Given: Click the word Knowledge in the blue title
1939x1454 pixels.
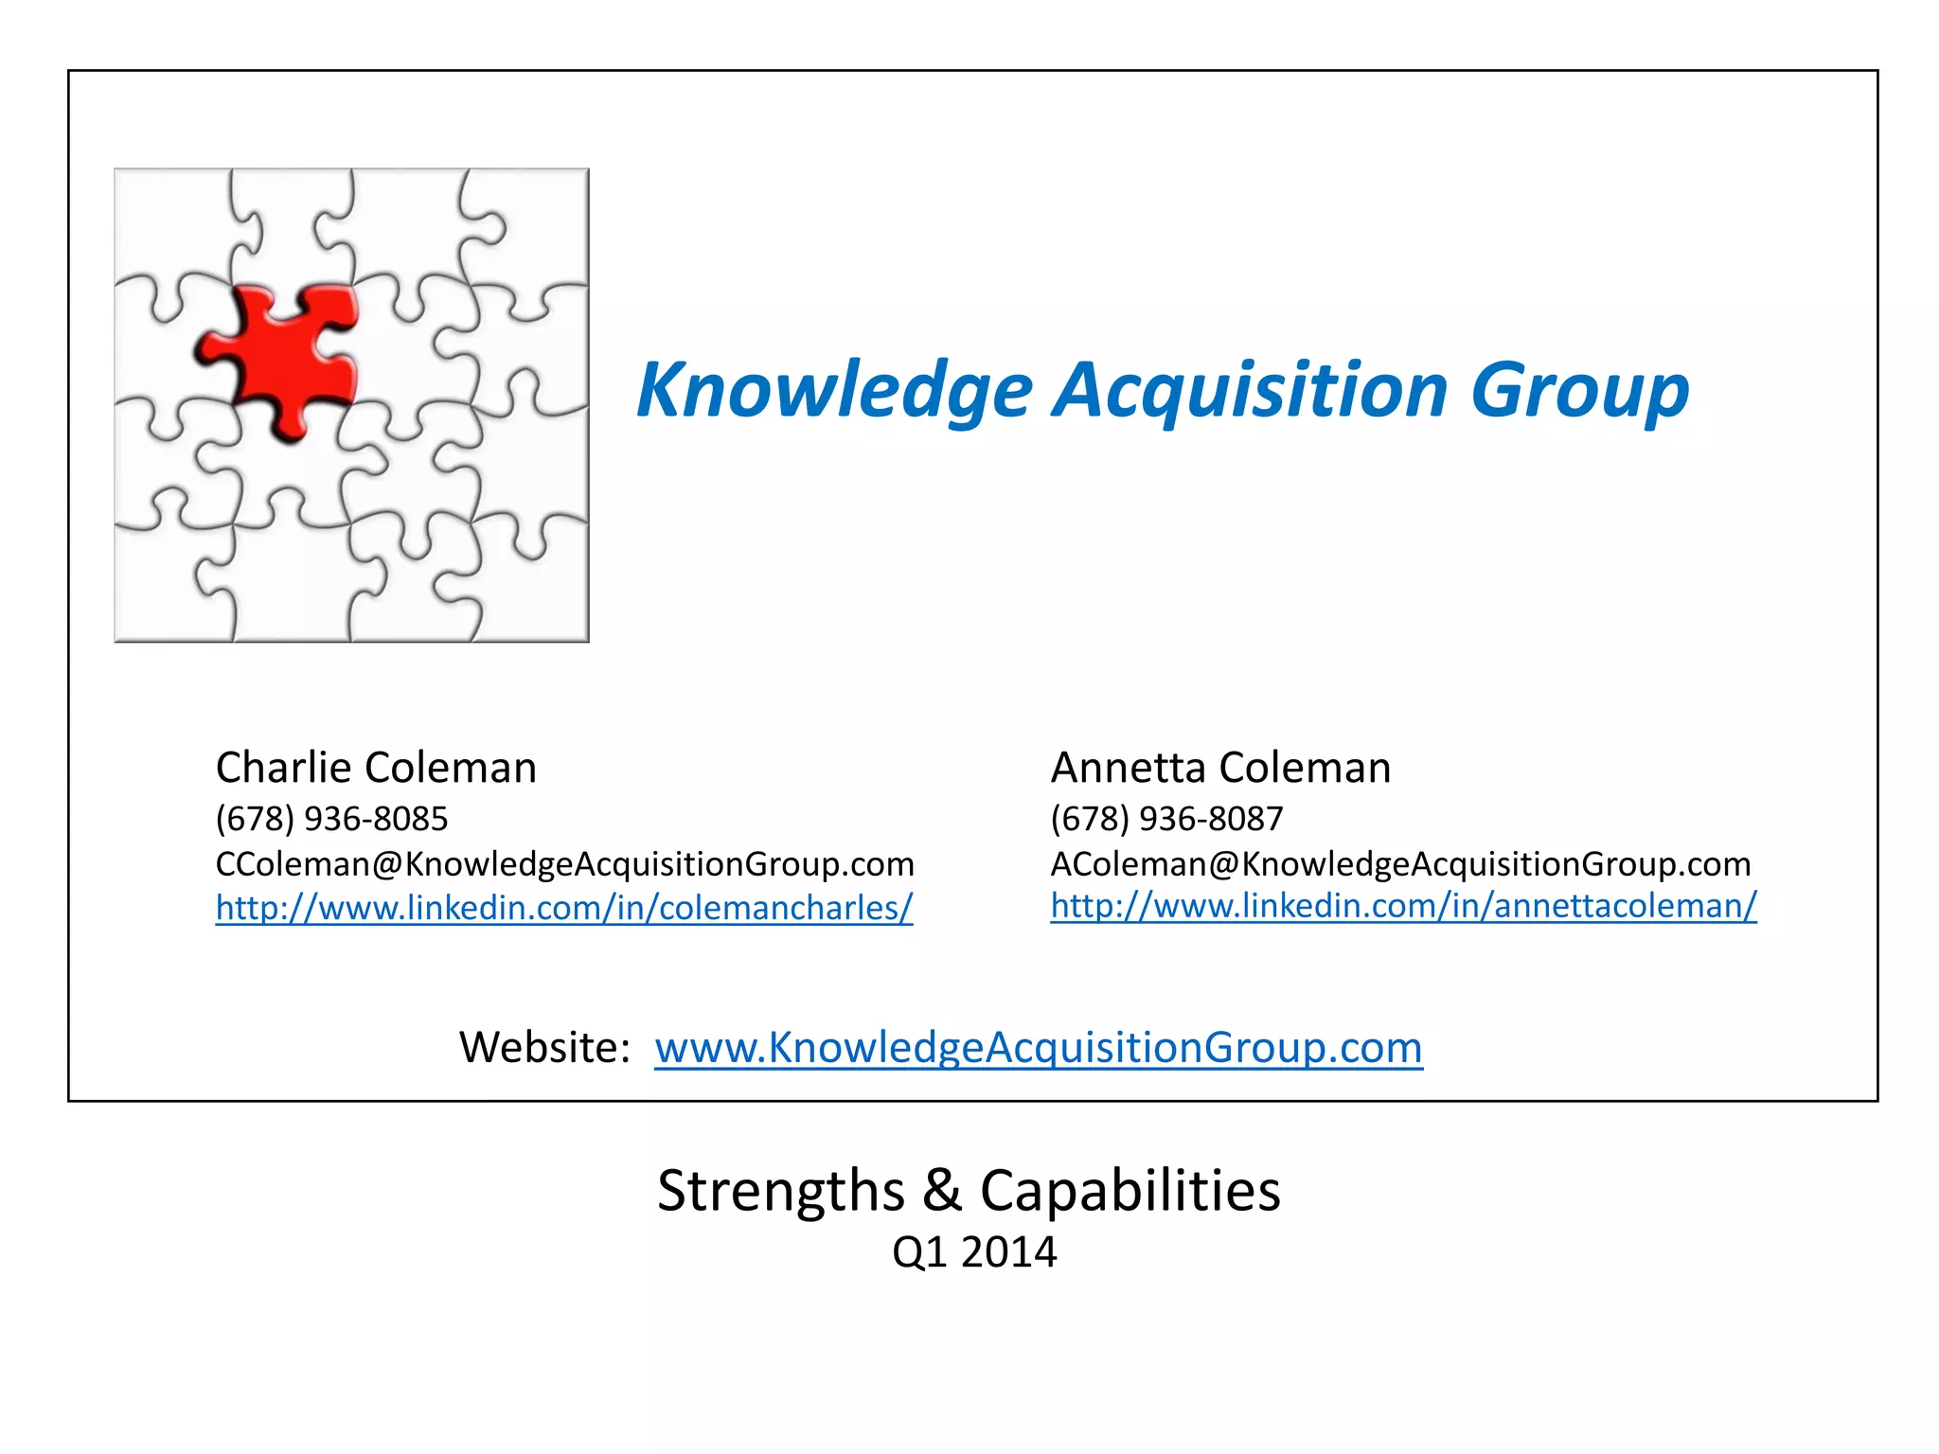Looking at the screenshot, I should tap(834, 390).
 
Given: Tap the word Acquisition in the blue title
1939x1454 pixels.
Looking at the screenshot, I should tap(1251, 390).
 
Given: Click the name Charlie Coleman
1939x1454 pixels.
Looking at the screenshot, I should tap(376, 768).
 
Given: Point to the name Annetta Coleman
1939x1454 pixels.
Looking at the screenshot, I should tap(1220, 768).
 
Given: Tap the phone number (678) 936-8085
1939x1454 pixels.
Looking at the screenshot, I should tap(331, 819).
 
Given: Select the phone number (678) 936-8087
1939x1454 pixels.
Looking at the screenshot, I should tap(1166, 819).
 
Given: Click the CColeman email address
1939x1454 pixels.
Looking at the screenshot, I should tap(564, 864).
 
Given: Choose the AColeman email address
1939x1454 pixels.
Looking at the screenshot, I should tap(1400, 864).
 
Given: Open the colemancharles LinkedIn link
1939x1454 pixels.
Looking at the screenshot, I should tap(564, 908).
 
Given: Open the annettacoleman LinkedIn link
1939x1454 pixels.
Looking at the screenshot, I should tap(1403, 906).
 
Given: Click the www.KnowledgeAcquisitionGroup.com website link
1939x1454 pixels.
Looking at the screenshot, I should tap(1038, 1048).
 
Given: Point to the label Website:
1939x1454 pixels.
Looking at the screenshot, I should tap(544, 1048).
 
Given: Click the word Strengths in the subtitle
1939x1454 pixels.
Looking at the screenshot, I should tap(781, 1191).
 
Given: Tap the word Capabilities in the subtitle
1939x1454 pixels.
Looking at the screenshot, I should tap(1130, 1191).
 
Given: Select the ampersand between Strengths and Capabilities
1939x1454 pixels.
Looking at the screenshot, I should tap(942, 1191).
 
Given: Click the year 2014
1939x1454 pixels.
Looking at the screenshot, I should tap(1008, 1252).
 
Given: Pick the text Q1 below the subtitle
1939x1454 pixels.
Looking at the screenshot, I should tap(919, 1252).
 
